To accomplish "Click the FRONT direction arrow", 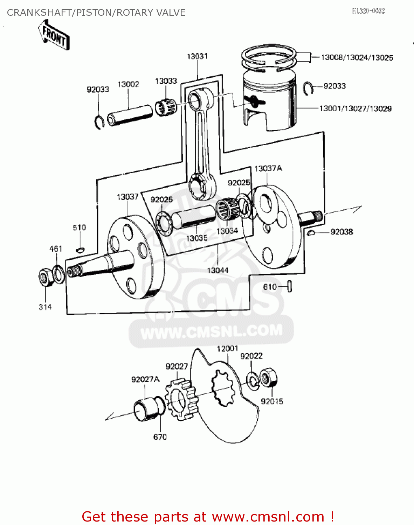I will (54, 35).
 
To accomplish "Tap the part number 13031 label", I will (197, 56).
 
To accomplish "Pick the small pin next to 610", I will (290, 287).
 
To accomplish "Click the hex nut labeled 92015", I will (269, 378).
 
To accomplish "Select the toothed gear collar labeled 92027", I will (180, 399).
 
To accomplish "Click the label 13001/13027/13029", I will (355, 108).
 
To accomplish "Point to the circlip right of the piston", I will (308, 88).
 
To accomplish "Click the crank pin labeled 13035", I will (194, 217).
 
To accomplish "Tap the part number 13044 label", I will (218, 270).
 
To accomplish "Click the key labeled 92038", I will (311, 232).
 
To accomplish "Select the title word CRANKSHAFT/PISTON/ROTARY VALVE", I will (96, 13).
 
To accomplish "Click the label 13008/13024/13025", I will (357, 58).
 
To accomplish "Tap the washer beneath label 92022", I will (253, 380).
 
